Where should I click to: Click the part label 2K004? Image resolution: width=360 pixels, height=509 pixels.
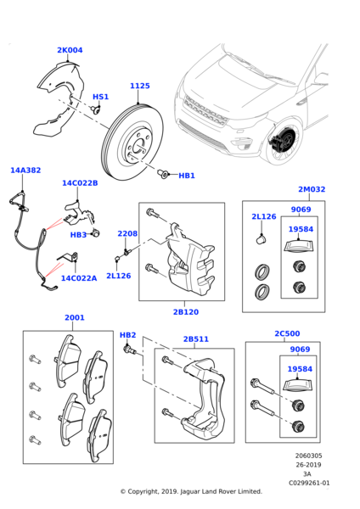[x=70, y=50]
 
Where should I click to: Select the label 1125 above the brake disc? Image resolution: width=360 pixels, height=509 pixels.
[x=140, y=86]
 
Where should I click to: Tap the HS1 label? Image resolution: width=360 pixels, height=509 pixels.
[x=101, y=97]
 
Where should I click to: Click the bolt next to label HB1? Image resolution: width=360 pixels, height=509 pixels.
[x=163, y=174]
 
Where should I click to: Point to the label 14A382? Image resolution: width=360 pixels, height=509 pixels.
[x=25, y=171]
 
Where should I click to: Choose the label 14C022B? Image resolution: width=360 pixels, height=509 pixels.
[x=80, y=183]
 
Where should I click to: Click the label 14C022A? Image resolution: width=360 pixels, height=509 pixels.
[x=79, y=278]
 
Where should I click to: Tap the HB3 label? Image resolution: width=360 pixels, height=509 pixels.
[x=79, y=235]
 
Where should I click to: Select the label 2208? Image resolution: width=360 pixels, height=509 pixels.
[x=127, y=234]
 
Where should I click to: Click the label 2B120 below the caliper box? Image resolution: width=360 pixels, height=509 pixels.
[x=186, y=312]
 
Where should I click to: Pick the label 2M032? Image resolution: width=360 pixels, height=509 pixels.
[x=312, y=189]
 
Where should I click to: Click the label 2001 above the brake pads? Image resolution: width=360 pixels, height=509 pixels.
[x=75, y=318]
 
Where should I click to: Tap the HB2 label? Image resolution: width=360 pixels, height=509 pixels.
[x=128, y=335]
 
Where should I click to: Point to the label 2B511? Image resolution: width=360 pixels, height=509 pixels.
[x=196, y=339]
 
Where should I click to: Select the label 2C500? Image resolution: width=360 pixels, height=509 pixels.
[x=287, y=333]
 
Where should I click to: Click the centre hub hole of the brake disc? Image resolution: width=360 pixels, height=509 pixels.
[x=139, y=145]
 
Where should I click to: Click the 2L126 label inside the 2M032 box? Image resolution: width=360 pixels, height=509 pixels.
[x=264, y=216]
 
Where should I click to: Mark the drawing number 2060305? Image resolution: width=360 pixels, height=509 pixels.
[x=309, y=456]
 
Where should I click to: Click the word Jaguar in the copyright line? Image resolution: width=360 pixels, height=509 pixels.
[x=189, y=492]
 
